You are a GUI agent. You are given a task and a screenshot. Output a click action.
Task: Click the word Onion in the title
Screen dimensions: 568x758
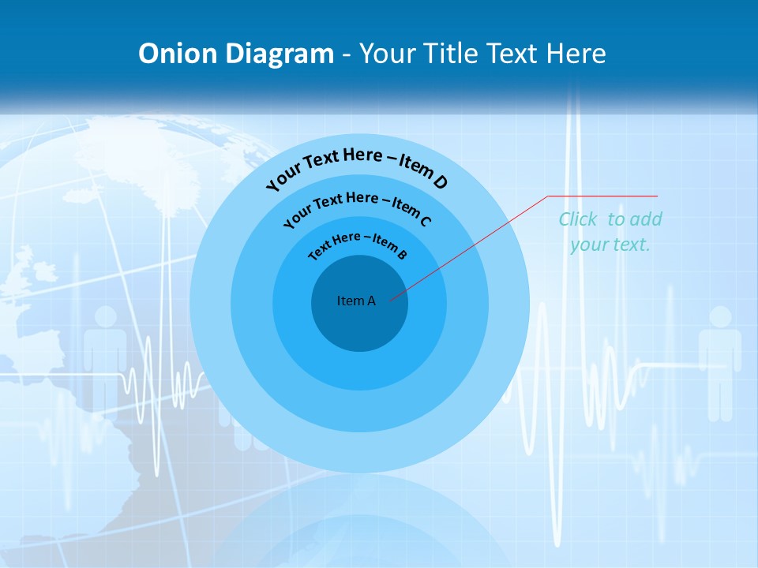pyautogui.click(x=178, y=54)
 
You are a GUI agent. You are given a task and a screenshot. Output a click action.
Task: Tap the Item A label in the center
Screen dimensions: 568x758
pyautogui.click(x=356, y=301)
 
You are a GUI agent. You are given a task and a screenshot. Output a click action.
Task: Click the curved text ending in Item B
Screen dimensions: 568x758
pyautogui.click(x=358, y=244)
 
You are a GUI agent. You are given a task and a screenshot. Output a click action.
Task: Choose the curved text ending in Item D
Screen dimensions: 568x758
pyautogui.click(x=357, y=166)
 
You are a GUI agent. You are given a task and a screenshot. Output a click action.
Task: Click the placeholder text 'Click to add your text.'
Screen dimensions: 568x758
pyautogui.click(x=610, y=232)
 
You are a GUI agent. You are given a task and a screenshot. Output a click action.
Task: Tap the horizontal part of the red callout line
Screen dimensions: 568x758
pyautogui.click(x=602, y=196)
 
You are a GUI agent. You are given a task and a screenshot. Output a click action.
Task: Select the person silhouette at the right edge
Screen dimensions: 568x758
pyautogui.click(x=719, y=359)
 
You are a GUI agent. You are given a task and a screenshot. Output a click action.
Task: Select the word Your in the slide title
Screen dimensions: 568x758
pyautogui.click(x=391, y=54)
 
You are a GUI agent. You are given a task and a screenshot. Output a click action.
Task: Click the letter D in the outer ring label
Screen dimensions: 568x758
pyautogui.click(x=441, y=183)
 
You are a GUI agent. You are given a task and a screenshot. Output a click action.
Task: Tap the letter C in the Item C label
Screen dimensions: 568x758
pyautogui.click(x=426, y=220)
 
